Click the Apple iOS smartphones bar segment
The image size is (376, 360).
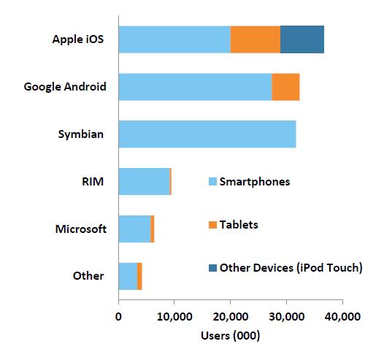coord(174,39)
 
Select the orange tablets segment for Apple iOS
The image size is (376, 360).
coord(255,39)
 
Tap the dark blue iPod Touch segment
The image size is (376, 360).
coord(302,39)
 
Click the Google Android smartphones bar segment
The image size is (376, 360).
coord(194,87)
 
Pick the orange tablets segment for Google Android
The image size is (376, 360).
coord(285,87)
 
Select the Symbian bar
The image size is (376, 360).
coord(207,134)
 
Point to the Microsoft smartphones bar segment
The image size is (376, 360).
coord(134,229)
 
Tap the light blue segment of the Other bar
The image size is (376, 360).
coord(127,275)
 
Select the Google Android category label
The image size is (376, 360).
coord(65,87)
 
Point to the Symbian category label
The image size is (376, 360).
coord(81,134)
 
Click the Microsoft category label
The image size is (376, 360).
coord(81,229)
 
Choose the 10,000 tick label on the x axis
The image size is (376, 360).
coord(174,318)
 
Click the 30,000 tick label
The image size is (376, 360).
coord(285,318)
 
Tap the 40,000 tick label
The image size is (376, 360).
coord(342,318)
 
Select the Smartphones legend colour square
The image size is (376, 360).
coord(213,182)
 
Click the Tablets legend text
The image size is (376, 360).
coord(239,224)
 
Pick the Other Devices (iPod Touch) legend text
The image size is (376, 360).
coord(291,267)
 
